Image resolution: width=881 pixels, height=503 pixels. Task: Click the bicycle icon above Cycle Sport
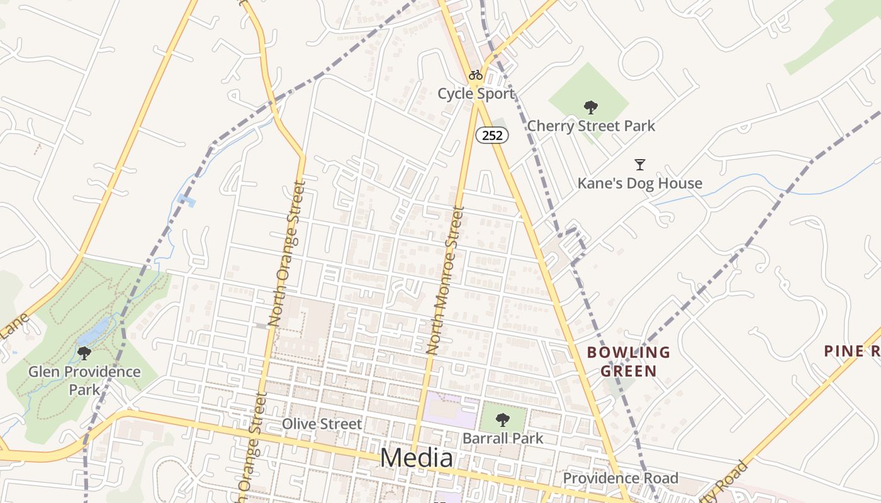point(476,75)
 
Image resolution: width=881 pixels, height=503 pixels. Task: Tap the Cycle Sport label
point(476,94)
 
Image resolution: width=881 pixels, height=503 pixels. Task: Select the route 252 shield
point(491,135)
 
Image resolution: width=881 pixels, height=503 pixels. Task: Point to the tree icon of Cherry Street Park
point(590,107)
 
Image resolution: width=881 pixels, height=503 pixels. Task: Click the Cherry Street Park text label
point(591,126)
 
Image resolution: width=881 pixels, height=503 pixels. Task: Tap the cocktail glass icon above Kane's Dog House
point(640,165)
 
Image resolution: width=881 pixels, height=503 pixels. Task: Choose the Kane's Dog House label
point(640,184)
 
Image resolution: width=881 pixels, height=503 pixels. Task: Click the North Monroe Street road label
point(446,280)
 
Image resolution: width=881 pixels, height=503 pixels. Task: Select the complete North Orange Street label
point(286,253)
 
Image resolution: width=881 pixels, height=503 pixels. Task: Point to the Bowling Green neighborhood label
point(629,362)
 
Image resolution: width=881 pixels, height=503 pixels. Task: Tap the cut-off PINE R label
point(852,351)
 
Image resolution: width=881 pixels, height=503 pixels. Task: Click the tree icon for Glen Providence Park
point(84,353)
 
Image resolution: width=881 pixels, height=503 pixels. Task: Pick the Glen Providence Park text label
point(84,380)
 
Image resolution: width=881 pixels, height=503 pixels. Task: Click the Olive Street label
point(322,424)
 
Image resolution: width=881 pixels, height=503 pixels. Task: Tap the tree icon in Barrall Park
point(502,419)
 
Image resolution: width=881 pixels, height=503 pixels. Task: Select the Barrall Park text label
point(503,438)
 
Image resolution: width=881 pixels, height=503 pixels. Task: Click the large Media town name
point(417,458)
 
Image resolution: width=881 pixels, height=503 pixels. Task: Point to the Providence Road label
point(620,478)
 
